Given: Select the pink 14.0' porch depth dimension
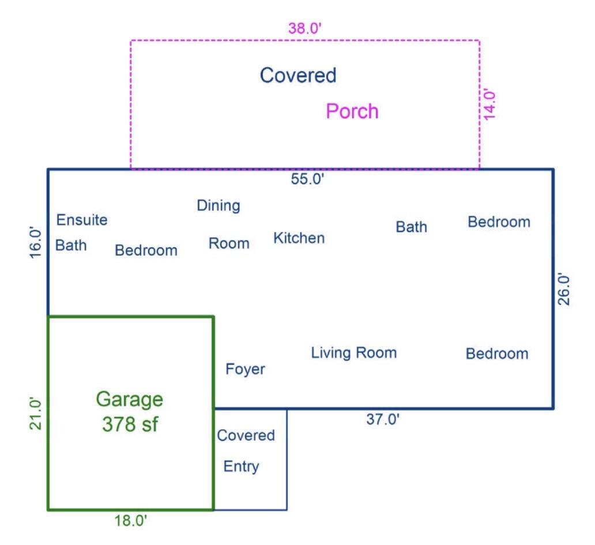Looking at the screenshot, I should (x=489, y=104).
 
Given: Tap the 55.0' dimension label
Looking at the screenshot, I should (x=308, y=179).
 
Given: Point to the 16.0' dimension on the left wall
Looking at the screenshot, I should (x=35, y=243).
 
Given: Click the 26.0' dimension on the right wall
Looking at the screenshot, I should (x=564, y=289).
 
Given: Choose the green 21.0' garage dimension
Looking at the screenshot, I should (x=35, y=414).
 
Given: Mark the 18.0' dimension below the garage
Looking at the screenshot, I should (x=130, y=521).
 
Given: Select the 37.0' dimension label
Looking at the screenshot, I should (x=383, y=420).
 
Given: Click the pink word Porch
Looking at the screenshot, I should (x=352, y=111).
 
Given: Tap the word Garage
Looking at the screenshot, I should (x=129, y=399).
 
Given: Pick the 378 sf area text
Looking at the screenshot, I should (x=130, y=424).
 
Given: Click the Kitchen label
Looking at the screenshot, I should (x=299, y=238).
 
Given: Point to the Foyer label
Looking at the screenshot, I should (x=245, y=369).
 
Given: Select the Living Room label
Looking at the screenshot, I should (x=353, y=352).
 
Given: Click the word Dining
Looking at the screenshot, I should (x=219, y=205).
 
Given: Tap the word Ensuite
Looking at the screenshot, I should (x=82, y=220).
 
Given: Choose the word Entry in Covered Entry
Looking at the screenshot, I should (x=241, y=467).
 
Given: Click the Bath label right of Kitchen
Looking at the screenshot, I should (x=411, y=227).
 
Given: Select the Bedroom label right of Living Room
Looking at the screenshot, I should (x=496, y=354).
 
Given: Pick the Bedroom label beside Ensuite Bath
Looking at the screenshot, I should (x=146, y=250).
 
